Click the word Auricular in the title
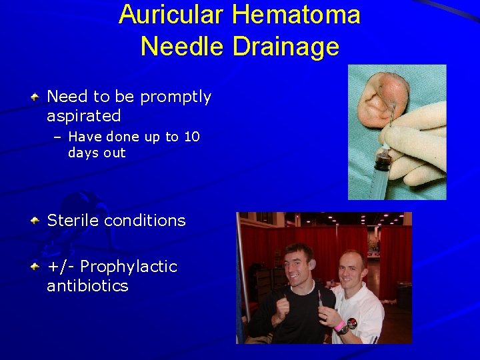click(x=172, y=15)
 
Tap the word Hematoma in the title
click(x=297, y=15)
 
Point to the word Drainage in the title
click(x=287, y=47)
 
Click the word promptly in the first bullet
click(x=175, y=97)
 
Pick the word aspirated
click(x=84, y=116)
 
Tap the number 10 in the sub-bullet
click(x=191, y=137)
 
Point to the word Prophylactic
click(x=129, y=267)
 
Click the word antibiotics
click(x=87, y=286)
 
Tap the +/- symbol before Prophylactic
click(x=61, y=267)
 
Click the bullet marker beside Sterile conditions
click(x=36, y=221)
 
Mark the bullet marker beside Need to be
click(x=36, y=97)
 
